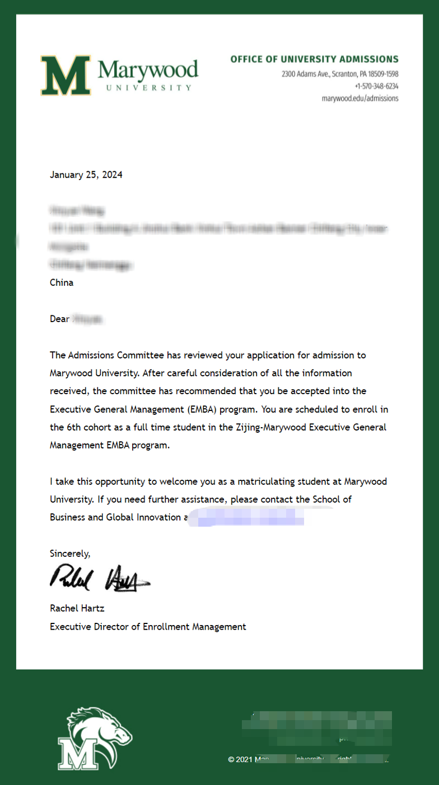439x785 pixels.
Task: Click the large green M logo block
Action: pyautogui.click(x=65, y=75)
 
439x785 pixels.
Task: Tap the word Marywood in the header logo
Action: pyautogui.click(x=148, y=70)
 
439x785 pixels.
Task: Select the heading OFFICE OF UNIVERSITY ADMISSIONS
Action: pyautogui.click(x=314, y=59)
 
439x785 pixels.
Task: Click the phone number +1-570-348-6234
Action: pyautogui.click(x=376, y=86)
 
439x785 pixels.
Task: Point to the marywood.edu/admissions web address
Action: pyautogui.click(x=360, y=98)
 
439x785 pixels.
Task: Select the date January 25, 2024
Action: pyautogui.click(x=86, y=174)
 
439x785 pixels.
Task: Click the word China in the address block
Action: pyautogui.click(x=62, y=282)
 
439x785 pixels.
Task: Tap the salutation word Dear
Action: pyautogui.click(x=59, y=319)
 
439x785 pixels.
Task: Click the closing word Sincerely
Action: pyautogui.click(x=69, y=554)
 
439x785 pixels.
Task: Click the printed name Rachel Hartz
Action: pyautogui.click(x=77, y=608)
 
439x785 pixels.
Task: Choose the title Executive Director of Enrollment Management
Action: pyautogui.click(x=148, y=627)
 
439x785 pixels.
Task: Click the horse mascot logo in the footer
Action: pyautogui.click(x=94, y=737)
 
